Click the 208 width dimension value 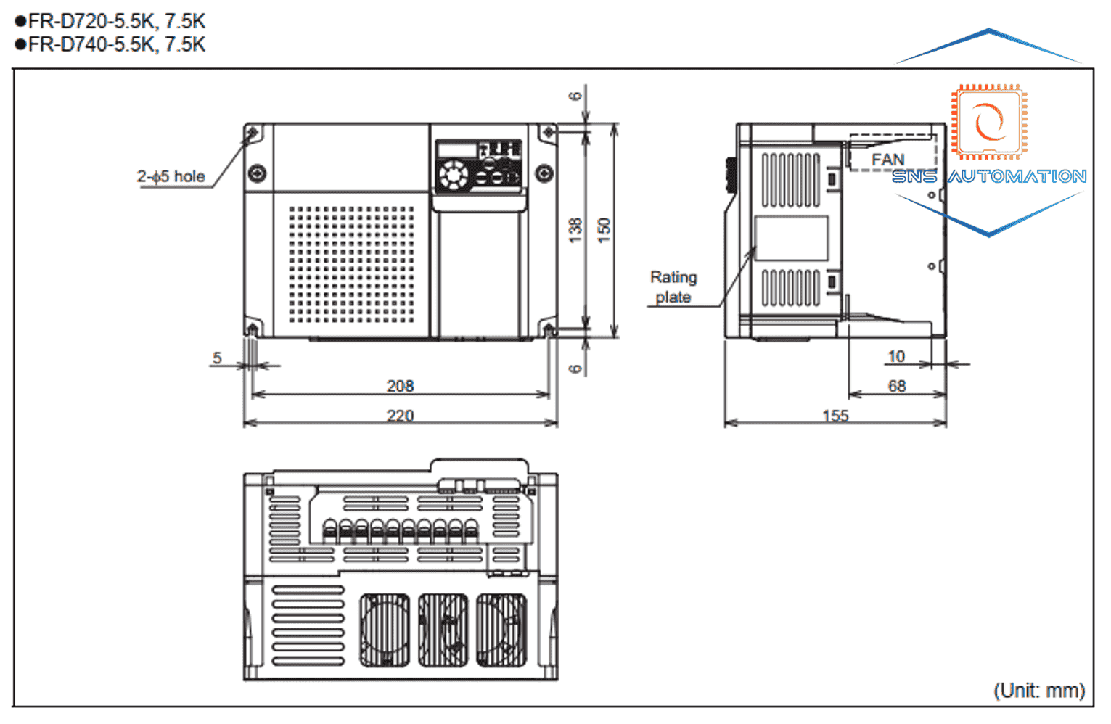click(400, 386)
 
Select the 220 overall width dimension click(400, 416)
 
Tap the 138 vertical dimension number click(575, 230)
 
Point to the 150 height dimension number click(604, 230)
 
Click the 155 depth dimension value click(836, 416)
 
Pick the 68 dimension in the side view click(897, 386)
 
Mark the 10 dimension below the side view click(896, 356)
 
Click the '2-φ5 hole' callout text click(171, 176)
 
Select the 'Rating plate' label click(673, 287)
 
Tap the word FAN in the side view click(887, 160)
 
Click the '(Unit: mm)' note click(1039, 691)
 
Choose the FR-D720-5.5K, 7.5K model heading click(110, 21)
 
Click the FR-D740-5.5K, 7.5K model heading click(110, 45)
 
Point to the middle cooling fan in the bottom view click(443, 630)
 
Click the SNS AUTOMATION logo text click(989, 176)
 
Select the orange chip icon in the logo click(989, 122)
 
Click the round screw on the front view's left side click(257, 173)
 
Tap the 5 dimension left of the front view click(217, 358)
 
